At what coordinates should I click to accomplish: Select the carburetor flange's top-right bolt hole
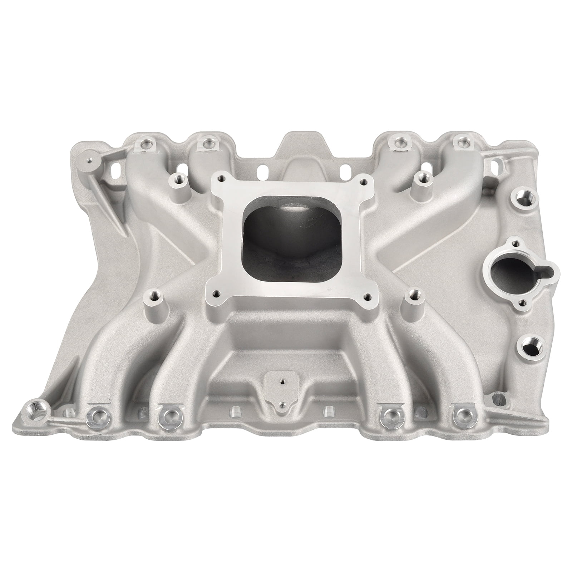(x=364, y=182)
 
